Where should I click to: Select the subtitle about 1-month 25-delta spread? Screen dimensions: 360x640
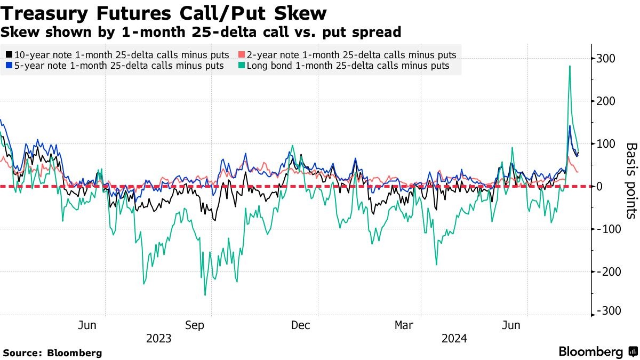click(201, 32)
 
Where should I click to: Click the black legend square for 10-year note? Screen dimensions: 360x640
click(10, 55)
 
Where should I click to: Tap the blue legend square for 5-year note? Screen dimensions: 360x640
click(10, 66)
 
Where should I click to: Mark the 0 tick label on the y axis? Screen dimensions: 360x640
click(600, 186)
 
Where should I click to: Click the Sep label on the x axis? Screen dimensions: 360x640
click(195, 325)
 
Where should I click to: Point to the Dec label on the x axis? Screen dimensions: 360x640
click(301, 325)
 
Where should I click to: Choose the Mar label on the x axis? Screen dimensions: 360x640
click(404, 325)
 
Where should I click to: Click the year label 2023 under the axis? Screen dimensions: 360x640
click(158, 339)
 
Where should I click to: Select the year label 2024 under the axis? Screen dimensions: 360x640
click(454, 339)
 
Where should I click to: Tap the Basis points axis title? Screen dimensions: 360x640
click(631, 180)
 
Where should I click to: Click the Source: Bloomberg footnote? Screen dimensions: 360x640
click(52, 353)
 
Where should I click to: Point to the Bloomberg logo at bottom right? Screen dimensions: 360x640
click(597, 351)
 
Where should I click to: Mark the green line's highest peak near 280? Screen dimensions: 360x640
click(570, 66)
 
